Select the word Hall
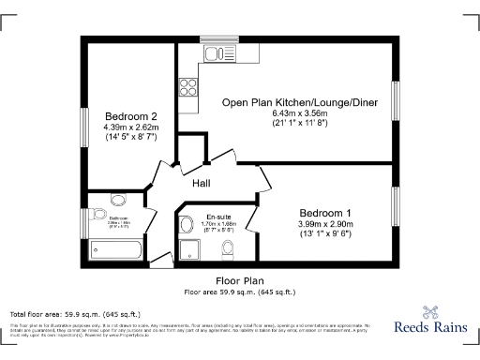click(x=202, y=184)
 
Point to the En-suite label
click(x=218, y=216)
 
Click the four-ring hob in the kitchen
click(x=187, y=87)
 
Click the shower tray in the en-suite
click(x=189, y=248)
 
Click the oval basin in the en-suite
click(x=185, y=223)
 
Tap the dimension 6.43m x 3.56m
click(x=287, y=112)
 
